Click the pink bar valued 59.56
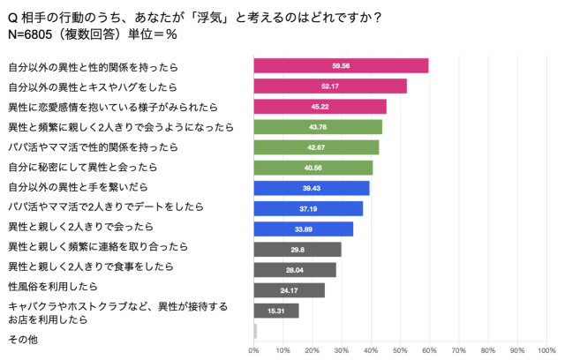click(x=341, y=65)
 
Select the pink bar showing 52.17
click(x=330, y=86)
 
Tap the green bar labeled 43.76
click(x=318, y=126)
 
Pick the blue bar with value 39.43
click(x=312, y=188)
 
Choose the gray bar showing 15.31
click(x=276, y=311)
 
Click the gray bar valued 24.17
click(x=289, y=290)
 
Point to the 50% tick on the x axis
click(x=400, y=351)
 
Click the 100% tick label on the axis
click(x=546, y=351)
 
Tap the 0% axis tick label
click(x=254, y=351)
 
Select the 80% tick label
click(x=487, y=351)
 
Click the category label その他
click(x=21, y=339)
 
